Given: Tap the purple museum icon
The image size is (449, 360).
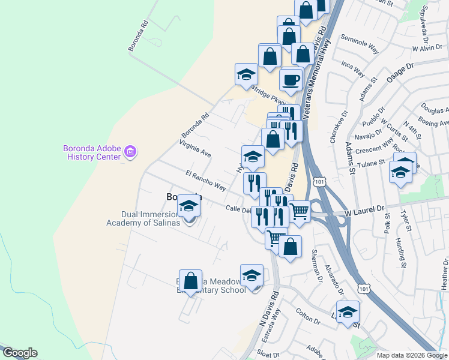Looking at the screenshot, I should (x=130, y=152).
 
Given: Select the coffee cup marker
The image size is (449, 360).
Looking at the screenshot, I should (x=291, y=80).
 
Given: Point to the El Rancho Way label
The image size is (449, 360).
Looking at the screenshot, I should (x=206, y=181).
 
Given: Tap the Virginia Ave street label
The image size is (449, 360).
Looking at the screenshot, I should (x=195, y=149).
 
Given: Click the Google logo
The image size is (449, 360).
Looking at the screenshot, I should (x=19, y=353).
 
